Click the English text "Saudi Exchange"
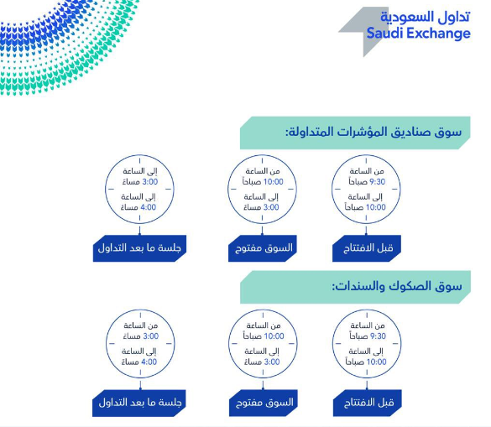418,34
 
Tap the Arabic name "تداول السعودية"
425,17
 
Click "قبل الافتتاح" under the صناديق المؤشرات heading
368,249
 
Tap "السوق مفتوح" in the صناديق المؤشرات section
262,249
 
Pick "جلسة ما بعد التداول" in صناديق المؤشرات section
141,249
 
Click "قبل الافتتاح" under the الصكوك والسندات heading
368,403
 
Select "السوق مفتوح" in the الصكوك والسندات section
262,403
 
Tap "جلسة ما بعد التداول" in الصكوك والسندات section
141,403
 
